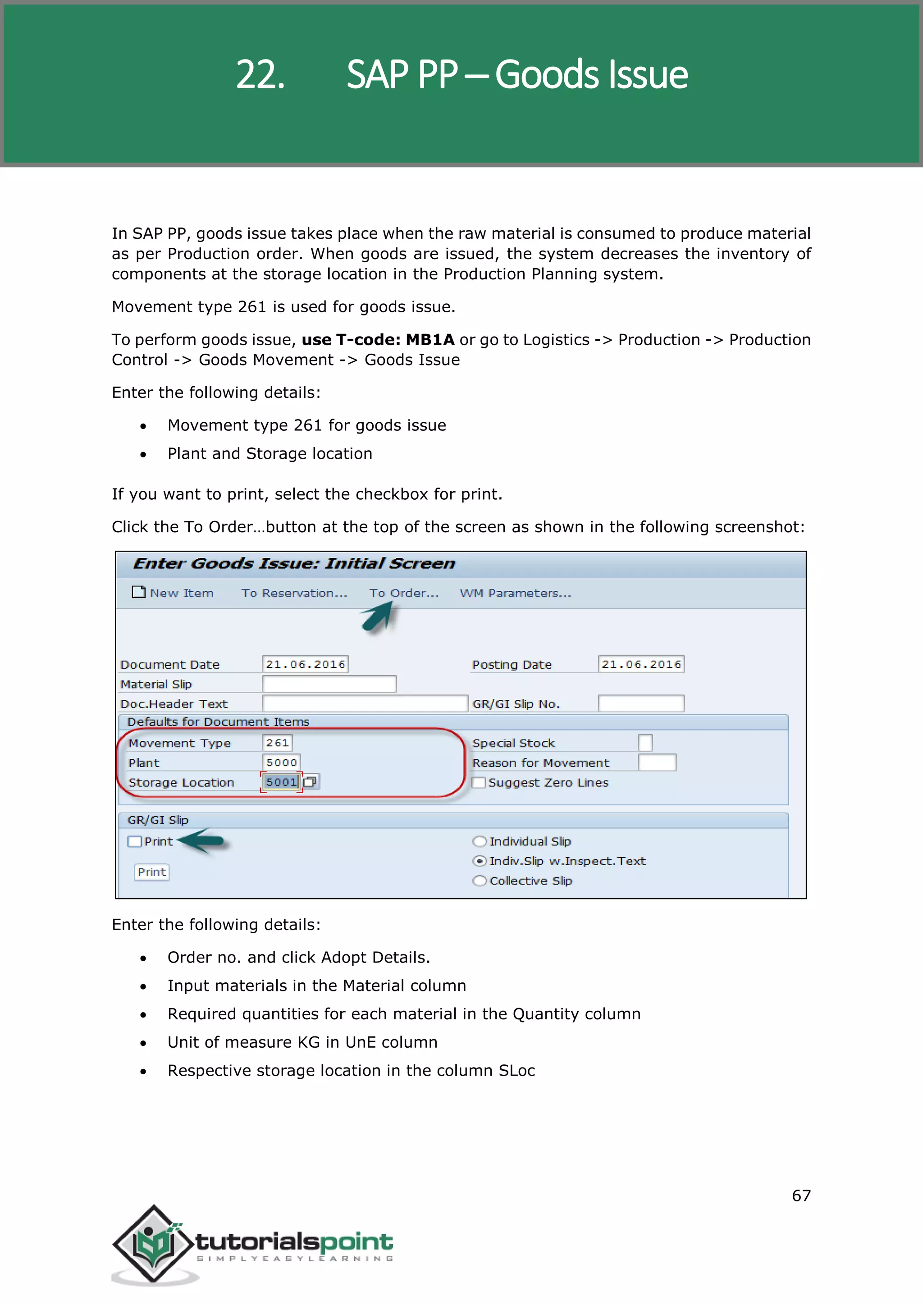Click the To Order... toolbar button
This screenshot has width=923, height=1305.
(403, 593)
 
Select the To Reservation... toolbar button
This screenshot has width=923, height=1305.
(294, 593)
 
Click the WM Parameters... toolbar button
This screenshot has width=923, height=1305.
(515, 593)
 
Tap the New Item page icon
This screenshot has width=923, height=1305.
(138, 592)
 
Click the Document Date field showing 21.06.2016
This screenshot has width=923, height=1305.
(305, 664)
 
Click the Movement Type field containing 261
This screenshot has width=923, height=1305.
(277, 742)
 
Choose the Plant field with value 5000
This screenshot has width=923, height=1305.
(281, 762)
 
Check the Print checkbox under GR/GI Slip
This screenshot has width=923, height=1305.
(135, 841)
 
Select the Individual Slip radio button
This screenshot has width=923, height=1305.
(480, 841)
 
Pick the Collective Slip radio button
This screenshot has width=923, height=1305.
(480, 881)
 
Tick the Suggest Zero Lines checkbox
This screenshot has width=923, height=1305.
(479, 782)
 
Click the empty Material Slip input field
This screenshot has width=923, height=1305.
(329, 684)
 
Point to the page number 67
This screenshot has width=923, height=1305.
(801, 1195)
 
